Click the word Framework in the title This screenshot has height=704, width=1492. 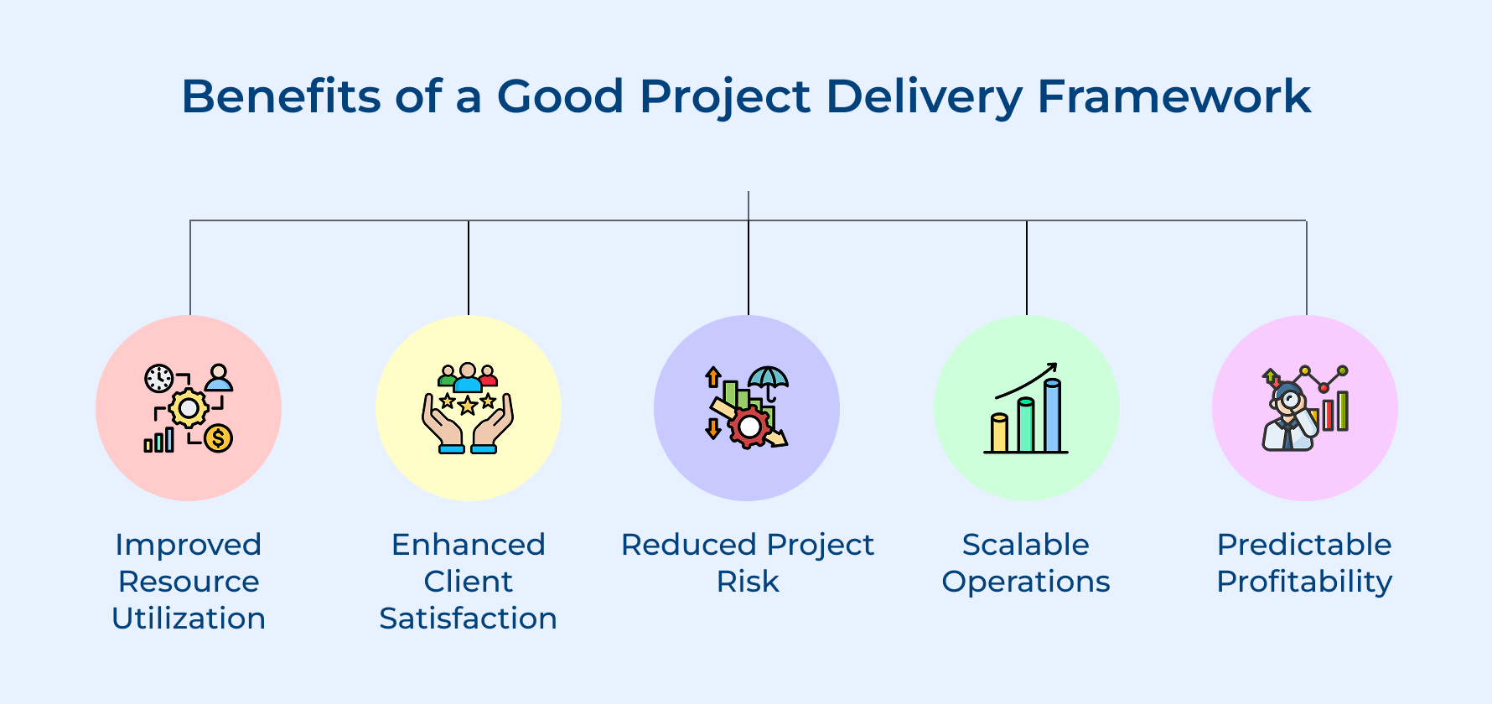click(x=1173, y=96)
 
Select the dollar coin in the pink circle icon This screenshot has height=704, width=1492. click(x=218, y=437)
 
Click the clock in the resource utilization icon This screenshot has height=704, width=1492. click(x=158, y=378)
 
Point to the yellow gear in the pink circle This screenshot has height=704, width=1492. click(x=189, y=409)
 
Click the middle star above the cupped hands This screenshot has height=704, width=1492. click(x=468, y=406)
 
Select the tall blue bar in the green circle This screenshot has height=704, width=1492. click(x=1053, y=416)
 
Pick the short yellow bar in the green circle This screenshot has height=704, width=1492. click(x=999, y=433)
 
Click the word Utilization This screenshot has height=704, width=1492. click(x=189, y=619)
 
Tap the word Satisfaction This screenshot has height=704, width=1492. click(x=468, y=619)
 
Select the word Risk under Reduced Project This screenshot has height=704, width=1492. click(x=748, y=582)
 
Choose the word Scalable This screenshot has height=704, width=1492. click(x=1026, y=545)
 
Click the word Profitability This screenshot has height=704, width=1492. click(x=1304, y=582)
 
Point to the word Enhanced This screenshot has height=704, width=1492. click(x=468, y=545)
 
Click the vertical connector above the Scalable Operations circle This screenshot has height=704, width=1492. click(x=1027, y=268)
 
